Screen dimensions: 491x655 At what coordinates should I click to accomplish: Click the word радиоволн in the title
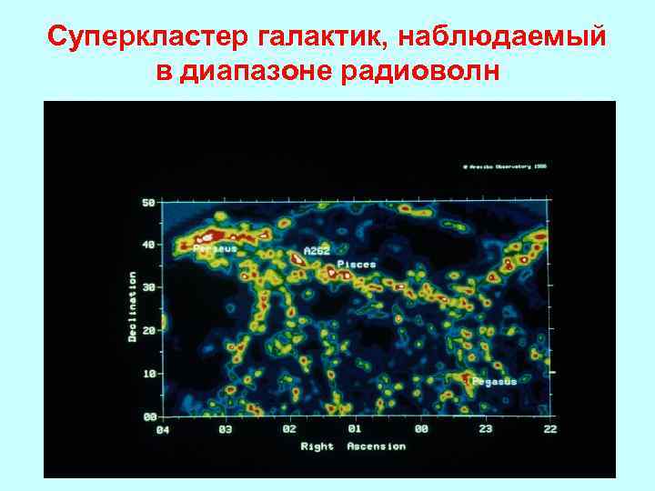pos(420,73)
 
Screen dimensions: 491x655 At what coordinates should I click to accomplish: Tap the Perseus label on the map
pos(216,248)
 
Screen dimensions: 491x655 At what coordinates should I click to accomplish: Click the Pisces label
pos(357,265)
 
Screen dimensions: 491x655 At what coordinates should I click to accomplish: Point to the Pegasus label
pos(495,382)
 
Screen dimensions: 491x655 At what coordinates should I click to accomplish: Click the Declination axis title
pos(133,306)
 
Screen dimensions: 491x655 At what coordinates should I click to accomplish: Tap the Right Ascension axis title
pos(354,446)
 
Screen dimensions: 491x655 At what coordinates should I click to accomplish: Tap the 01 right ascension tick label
pos(355,429)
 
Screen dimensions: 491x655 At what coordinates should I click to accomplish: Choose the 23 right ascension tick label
pos(486,429)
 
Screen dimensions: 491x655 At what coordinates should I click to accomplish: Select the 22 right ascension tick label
pos(550,429)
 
